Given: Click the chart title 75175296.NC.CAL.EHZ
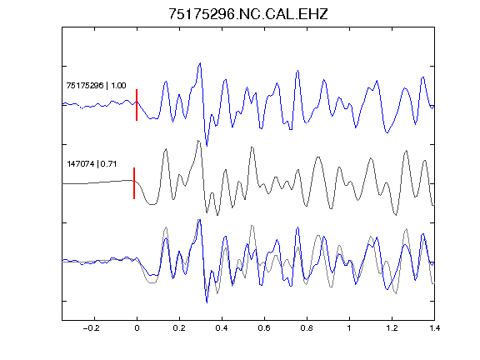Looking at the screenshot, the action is pyautogui.click(x=248, y=14).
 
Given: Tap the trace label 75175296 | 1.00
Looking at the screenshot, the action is pyautogui.click(x=96, y=85).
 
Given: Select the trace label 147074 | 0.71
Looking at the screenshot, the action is pyautogui.click(x=92, y=164).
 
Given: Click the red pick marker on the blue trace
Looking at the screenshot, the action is pyautogui.click(x=137, y=105).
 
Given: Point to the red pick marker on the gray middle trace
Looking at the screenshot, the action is pyautogui.click(x=134, y=183).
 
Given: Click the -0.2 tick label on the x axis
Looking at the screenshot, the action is pyautogui.click(x=91, y=328).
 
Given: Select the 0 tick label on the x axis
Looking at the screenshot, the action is pyautogui.click(x=137, y=328).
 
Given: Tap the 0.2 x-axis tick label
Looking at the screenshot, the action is pyautogui.click(x=179, y=328).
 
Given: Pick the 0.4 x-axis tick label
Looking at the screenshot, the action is pyautogui.click(x=222, y=328).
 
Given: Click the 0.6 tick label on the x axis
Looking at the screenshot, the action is pyautogui.click(x=264, y=328).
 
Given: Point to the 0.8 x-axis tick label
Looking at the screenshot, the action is pyautogui.click(x=307, y=328).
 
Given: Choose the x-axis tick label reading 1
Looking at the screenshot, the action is pyautogui.click(x=349, y=328).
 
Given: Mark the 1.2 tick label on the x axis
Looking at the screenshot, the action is pyautogui.click(x=392, y=328).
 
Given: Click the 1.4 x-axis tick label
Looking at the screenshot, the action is pyautogui.click(x=434, y=328).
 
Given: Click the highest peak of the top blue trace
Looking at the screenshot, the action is pyautogui.click(x=200, y=63).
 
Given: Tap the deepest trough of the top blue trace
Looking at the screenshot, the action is pyautogui.click(x=207, y=146).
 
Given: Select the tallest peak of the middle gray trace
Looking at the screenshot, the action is pyautogui.click(x=198, y=141).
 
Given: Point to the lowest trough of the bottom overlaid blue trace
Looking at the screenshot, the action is pyautogui.click(x=207, y=302).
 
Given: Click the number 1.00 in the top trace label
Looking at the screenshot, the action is pyautogui.click(x=118, y=85).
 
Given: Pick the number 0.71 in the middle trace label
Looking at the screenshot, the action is pyautogui.click(x=108, y=164).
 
